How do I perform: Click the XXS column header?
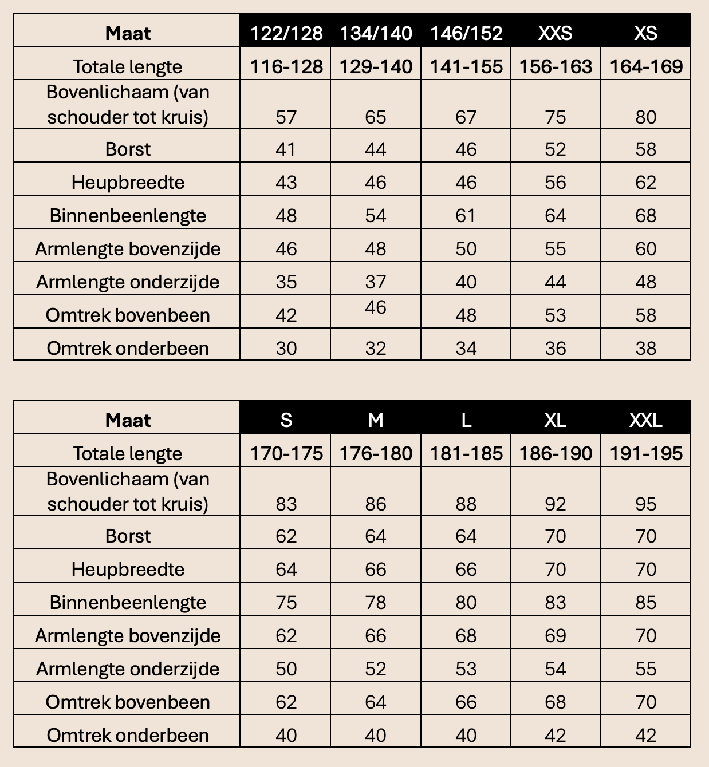(555, 33)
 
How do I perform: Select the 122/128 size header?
(286, 33)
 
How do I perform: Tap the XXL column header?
(645, 420)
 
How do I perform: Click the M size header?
(376, 420)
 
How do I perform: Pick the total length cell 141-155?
(466, 66)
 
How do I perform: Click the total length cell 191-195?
(645, 453)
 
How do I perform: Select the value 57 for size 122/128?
(286, 117)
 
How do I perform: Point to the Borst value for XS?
(645, 149)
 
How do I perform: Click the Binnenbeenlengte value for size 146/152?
(466, 215)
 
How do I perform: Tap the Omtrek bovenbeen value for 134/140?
(376, 307)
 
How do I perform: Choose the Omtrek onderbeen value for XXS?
(555, 348)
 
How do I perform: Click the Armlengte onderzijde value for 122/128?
(286, 282)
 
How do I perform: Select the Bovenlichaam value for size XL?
(555, 504)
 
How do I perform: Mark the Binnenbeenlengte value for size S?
(286, 602)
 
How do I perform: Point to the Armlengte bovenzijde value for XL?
(555, 635)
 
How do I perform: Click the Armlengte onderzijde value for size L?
(466, 669)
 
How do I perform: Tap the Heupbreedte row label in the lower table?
(128, 569)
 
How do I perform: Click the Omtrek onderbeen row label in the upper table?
(128, 348)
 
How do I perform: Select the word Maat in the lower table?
(128, 420)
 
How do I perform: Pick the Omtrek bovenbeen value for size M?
(376, 702)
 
